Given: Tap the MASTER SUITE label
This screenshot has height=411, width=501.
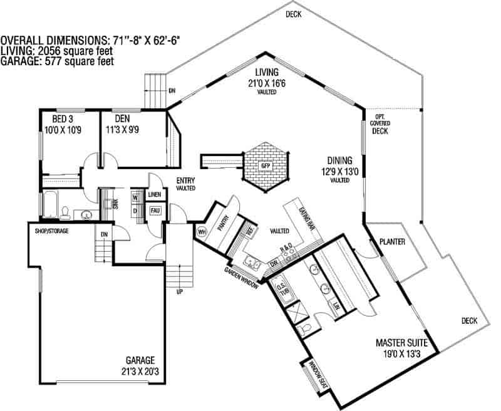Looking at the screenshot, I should (401, 343).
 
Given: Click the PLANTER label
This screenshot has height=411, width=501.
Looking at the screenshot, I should (392, 241).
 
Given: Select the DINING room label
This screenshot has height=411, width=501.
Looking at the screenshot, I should (339, 160).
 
